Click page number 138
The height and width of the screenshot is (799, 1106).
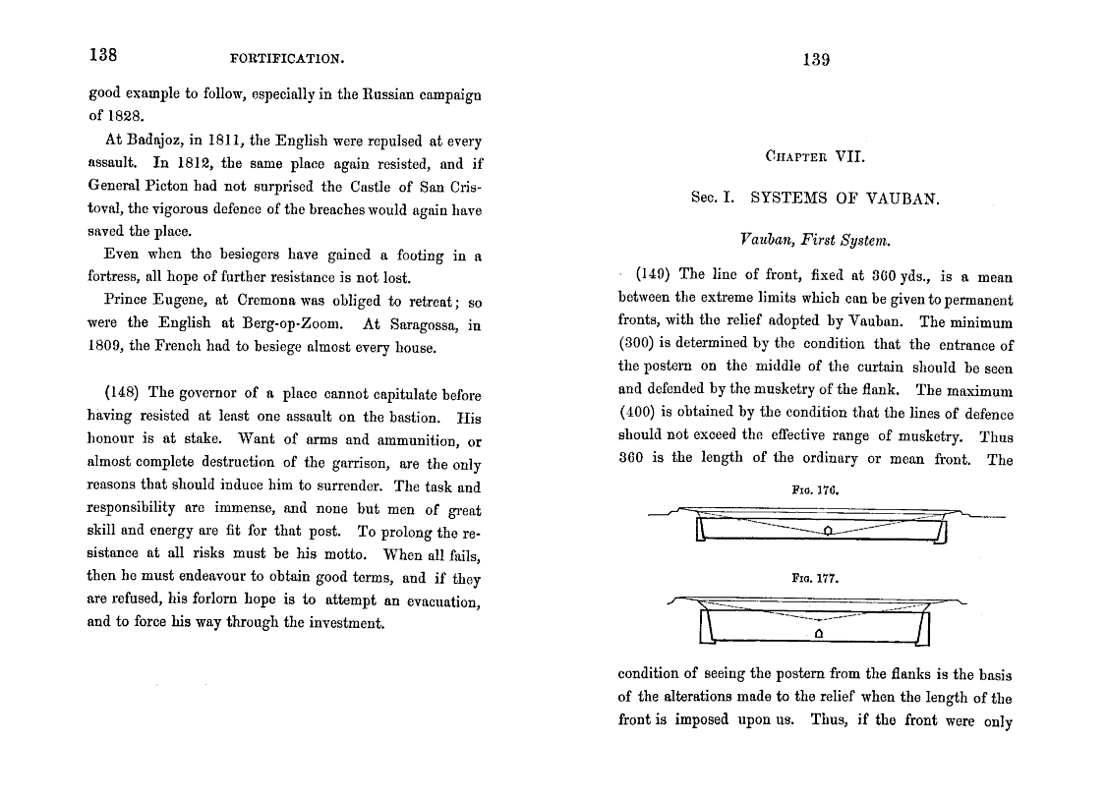click(x=102, y=56)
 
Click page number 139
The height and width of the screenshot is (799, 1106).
click(x=816, y=59)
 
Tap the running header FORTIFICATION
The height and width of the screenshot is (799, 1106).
click(x=287, y=58)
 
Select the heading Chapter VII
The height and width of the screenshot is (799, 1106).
click(x=815, y=155)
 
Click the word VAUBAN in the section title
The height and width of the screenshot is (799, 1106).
click(x=902, y=198)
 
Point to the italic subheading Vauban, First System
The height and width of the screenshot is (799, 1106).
click(x=815, y=238)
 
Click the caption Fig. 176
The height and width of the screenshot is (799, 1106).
click(x=815, y=488)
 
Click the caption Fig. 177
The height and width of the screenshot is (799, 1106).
click(x=815, y=579)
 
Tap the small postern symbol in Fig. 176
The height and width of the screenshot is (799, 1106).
click(x=828, y=531)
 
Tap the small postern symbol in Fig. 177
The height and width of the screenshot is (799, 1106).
click(x=817, y=634)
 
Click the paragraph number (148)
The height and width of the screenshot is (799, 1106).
click(x=123, y=394)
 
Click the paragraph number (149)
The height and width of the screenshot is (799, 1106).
click(x=654, y=275)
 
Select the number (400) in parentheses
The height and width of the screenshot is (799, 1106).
click(x=637, y=414)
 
